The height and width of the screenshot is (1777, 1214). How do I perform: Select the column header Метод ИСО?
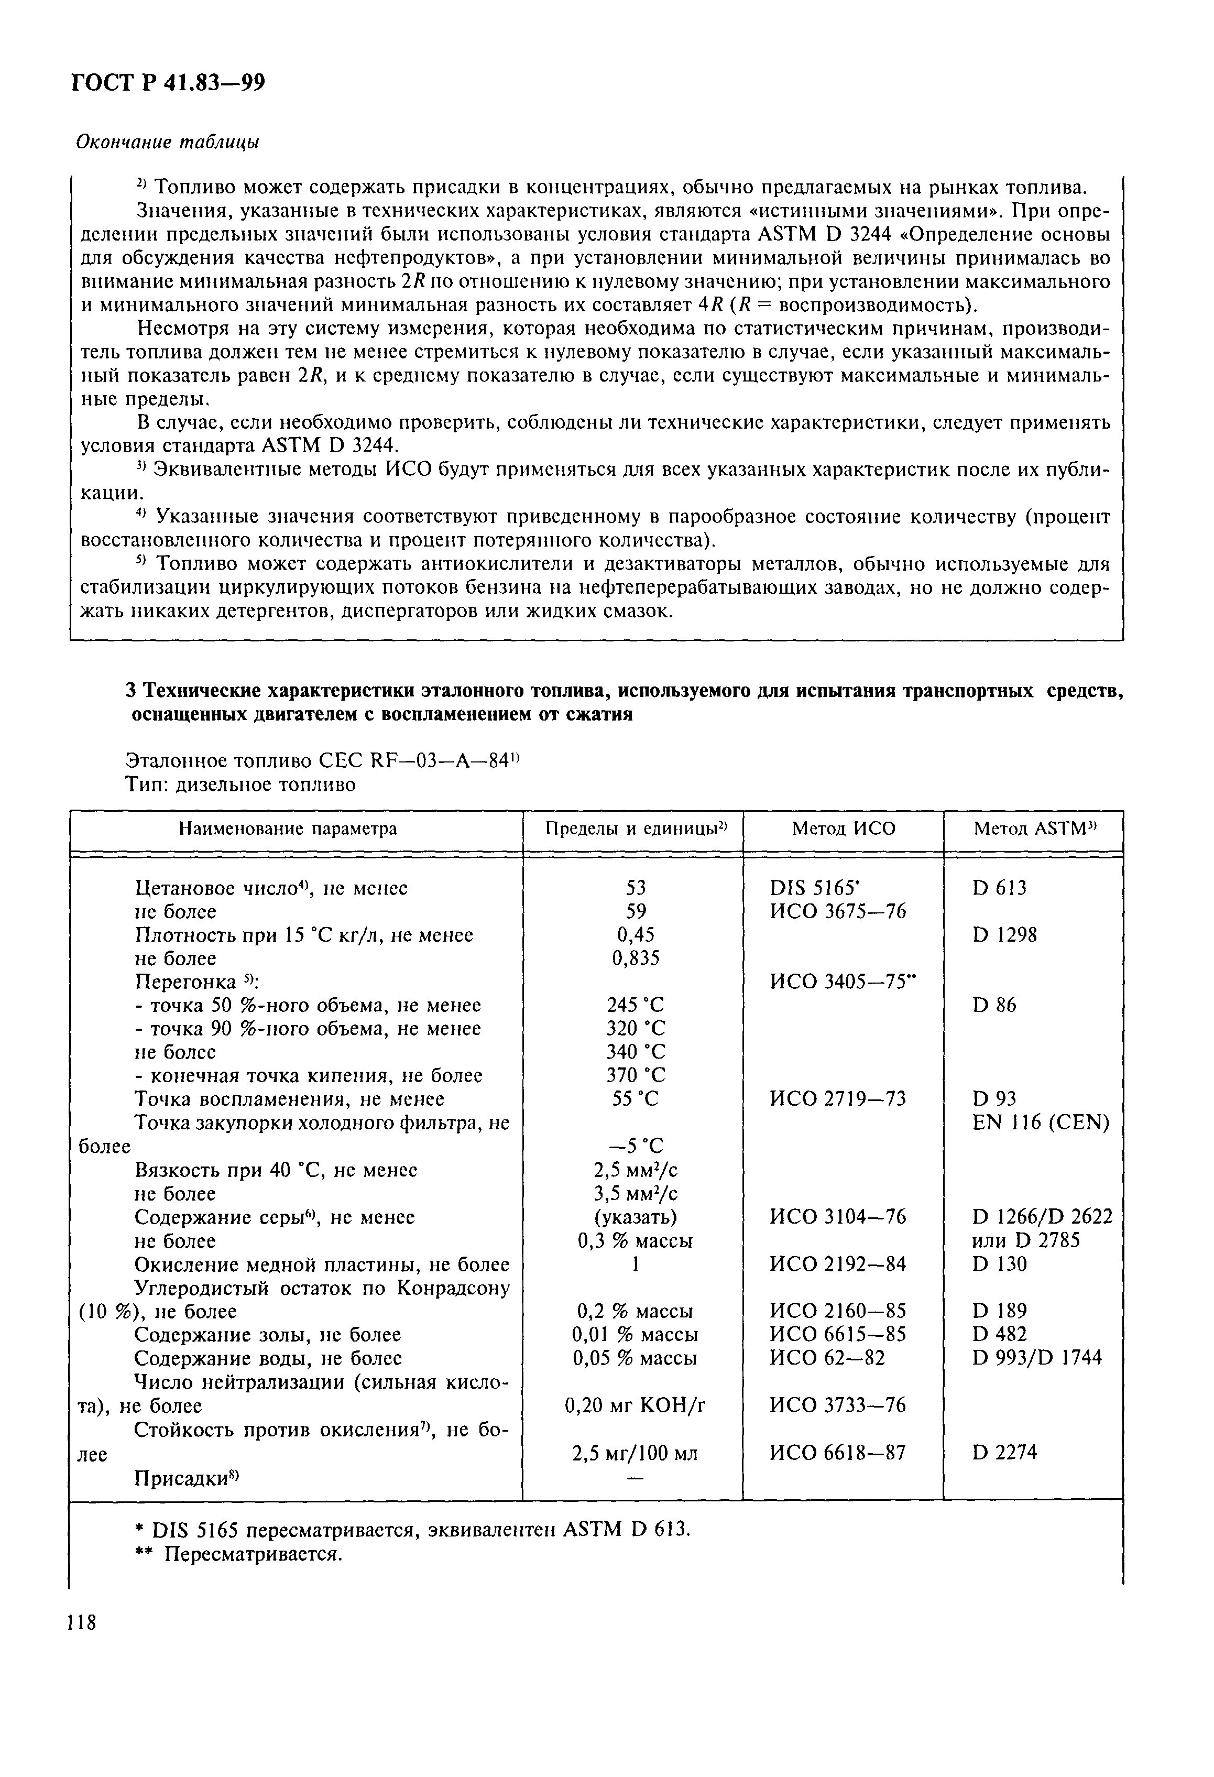(843, 828)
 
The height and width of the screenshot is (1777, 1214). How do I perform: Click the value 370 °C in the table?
(635, 1075)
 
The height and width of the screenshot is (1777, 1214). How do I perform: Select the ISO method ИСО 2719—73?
(837, 1099)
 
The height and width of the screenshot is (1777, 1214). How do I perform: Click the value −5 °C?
(635, 1146)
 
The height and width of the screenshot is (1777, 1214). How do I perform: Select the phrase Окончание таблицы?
(167, 142)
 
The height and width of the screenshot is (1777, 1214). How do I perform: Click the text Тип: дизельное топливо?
(240, 784)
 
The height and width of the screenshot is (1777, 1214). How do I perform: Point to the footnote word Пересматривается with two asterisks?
(252, 1554)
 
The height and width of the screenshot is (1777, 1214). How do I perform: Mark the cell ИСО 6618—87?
(837, 1452)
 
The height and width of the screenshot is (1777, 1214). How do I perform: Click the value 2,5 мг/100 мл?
(635, 1453)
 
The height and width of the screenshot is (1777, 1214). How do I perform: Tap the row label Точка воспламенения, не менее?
(289, 1099)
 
